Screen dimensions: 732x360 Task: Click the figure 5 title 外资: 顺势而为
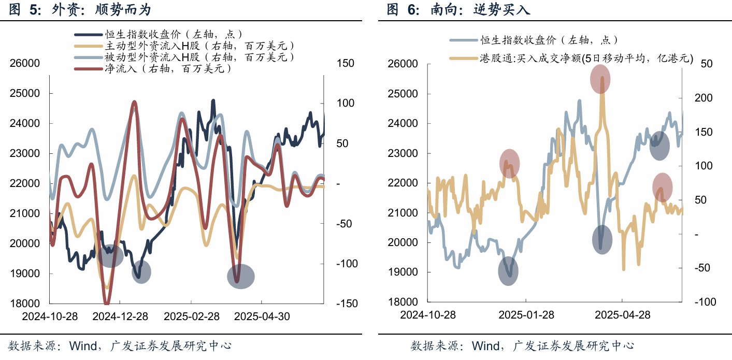tap(102, 9)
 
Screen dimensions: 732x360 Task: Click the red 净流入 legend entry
tap(153, 68)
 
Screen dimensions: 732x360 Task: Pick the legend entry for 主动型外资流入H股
tap(184, 46)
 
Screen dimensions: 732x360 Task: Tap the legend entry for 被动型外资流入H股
tap(184, 57)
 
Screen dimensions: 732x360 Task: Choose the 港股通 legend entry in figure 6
tap(571, 58)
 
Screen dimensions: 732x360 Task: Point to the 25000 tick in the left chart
tap(25, 93)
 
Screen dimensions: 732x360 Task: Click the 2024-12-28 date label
tap(120, 316)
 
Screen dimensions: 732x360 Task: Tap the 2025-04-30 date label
tap(262, 316)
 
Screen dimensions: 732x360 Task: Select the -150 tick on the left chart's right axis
tap(347, 304)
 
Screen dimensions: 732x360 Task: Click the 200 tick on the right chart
tap(704, 98)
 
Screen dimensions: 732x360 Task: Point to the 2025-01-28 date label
tap(526, 315)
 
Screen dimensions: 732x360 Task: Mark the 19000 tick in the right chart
tap(403, 272)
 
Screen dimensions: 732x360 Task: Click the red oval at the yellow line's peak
tap(600, 79)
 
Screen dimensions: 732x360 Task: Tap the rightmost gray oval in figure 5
tap(241, 277)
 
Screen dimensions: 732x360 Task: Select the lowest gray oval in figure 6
tap(508, 271)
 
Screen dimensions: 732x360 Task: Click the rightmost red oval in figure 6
tap(663, 188)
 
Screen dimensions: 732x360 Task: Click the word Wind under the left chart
tap(83, 346)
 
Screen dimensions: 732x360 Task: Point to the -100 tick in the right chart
tap(705, 302)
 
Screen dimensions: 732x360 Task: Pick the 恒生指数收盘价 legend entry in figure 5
tap(159, 34)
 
